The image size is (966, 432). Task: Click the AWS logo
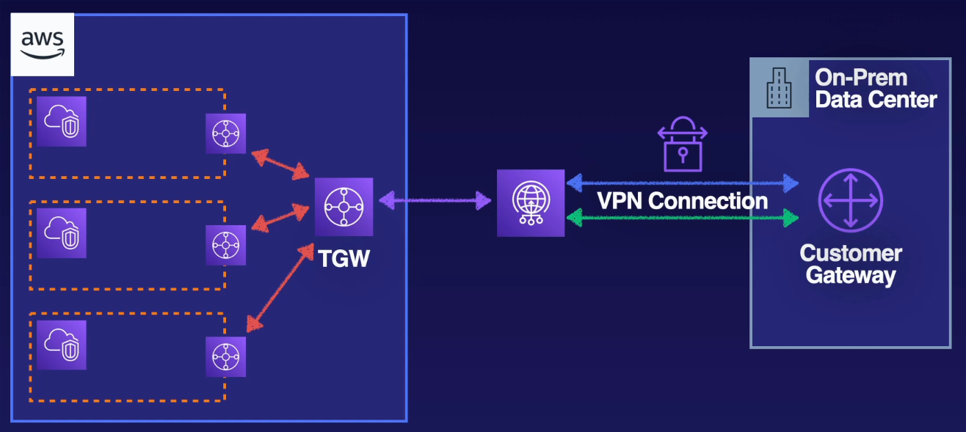point(43,44)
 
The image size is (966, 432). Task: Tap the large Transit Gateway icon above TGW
point(344,207)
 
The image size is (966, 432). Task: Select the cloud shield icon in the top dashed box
point(62,121)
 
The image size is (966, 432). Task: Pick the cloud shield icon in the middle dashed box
point(62,233)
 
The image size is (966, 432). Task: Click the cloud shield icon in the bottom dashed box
point(62,345)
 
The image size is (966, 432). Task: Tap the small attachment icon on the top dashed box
point(225,133)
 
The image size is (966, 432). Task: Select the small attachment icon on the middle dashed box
point(225,245)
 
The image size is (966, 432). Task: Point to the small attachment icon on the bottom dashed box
point(225,356)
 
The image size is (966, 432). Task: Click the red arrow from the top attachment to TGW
point(280,164)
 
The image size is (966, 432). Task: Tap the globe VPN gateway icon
point(531,203)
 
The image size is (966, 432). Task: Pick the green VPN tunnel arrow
point(683,217)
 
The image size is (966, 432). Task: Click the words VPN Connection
point(683,200)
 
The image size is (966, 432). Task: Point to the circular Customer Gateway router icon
point(850,200)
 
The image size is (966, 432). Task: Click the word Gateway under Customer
point(850,276)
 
